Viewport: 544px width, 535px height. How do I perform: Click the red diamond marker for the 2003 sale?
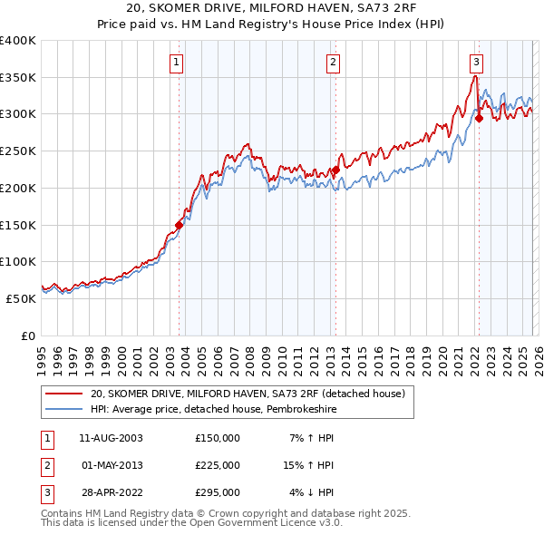[x=179, y=225]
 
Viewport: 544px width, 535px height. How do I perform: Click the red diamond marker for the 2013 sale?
[x=335, y=170]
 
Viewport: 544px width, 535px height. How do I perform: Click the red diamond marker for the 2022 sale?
[x=479, y=117]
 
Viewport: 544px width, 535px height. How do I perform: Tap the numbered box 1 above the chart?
[x=176, y=63]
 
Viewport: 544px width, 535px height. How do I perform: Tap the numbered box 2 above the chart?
[x=333, y=63]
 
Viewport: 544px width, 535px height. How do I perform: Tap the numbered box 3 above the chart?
[x=476, y=63]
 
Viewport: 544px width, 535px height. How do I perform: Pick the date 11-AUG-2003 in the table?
[x=112, y=438]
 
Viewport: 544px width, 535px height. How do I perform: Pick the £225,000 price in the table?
[x=218, y=465]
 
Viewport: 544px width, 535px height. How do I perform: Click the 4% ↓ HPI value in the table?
[x=313, y=492]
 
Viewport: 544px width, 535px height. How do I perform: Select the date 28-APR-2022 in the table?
[x=112, y=492]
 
